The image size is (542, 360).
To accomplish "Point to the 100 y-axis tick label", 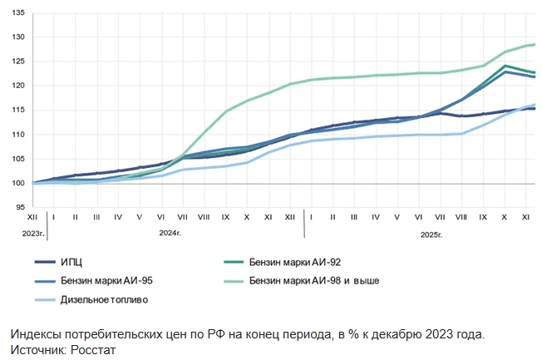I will point(18,183).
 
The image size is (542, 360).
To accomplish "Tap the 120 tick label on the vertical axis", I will point(18,86).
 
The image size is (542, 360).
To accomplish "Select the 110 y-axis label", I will point(18,135).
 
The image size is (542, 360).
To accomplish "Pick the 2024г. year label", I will point(171,234).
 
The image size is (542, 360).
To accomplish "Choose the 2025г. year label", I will point(431,234).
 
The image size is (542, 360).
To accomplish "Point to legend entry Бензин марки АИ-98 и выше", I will point(314,280).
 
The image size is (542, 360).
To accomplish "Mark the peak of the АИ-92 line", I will point(505,66).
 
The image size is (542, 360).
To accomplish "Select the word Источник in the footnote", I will point(36,350).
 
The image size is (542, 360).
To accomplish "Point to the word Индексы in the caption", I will point(36,334).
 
